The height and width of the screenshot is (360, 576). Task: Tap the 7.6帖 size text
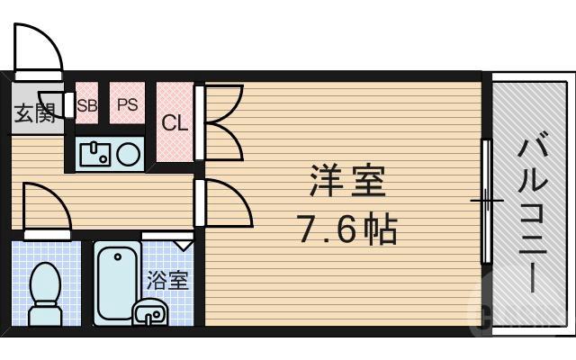point(347,231)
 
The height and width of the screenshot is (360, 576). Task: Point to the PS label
point(127,104)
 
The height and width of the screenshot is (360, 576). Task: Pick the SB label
point(86,104)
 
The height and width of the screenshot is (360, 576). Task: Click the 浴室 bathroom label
point(167,279)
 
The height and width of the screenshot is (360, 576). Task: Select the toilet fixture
point(43,292)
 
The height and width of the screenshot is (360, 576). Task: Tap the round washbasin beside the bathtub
point(149,314)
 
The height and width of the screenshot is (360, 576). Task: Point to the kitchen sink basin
point(94,154)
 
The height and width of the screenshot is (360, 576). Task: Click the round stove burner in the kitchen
point(128,154)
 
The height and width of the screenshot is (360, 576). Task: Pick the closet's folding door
point(221,120)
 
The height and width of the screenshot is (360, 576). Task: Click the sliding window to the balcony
point(487,200)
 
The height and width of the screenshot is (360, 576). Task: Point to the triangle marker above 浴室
point(183,243)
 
